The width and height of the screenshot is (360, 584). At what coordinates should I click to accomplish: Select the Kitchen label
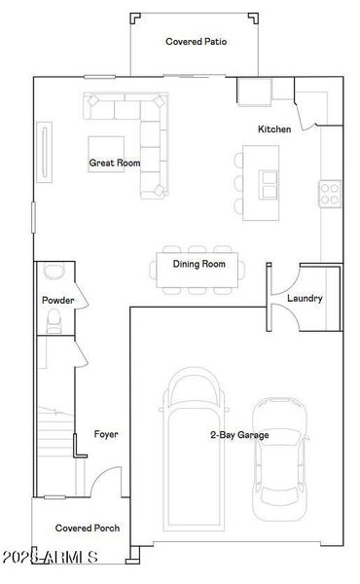tap(273, 129)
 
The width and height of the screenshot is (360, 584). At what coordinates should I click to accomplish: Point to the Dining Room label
tap(199, 264)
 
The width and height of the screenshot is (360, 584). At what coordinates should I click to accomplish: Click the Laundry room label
tap(305, 298)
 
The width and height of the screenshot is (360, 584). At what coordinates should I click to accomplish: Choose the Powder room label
tap(57, 301)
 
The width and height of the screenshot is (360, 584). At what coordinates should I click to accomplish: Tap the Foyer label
tap(106, 434)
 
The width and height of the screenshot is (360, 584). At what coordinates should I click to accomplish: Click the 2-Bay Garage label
tap(239, 435)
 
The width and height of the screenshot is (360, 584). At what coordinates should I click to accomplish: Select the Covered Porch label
tap(88, 528)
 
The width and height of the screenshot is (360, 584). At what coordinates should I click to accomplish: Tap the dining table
tap(199, 273)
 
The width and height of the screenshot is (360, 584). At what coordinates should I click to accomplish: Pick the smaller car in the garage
tap(279, 457)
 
